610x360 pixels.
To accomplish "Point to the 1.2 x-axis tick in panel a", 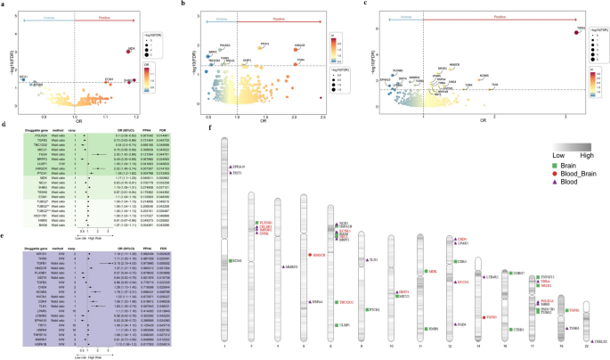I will pos(136,118).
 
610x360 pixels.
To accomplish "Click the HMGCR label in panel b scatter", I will pos(298,45).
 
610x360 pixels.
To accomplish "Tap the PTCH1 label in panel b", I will pos(264,45).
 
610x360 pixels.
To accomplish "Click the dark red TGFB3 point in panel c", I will pos(579,33).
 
